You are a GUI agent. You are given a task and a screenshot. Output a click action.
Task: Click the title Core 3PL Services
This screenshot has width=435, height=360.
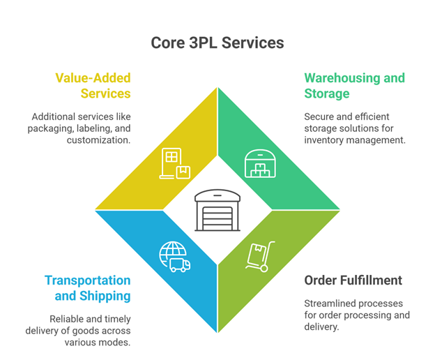click(x=217, y=43)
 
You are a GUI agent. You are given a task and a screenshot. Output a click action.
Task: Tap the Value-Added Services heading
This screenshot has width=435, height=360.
click(x=94, y=85)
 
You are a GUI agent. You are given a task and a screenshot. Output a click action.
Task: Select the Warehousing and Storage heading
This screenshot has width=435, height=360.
click(x=354, y=85)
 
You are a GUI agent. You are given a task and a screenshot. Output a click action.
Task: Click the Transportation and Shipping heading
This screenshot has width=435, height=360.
click(x=88, y=287)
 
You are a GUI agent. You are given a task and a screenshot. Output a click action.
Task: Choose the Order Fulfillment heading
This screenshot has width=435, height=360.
click(x=353, y=280)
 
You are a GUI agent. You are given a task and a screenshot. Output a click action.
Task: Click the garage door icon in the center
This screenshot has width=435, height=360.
click(x=217, y=209)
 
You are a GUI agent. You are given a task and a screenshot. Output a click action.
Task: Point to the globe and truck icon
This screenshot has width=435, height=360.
click(x=174, y=256)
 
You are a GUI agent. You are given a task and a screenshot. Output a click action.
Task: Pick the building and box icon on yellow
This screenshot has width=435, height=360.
click(x=174, y=164)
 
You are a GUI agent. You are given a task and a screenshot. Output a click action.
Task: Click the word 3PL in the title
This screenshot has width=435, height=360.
click(x=196, y=43)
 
